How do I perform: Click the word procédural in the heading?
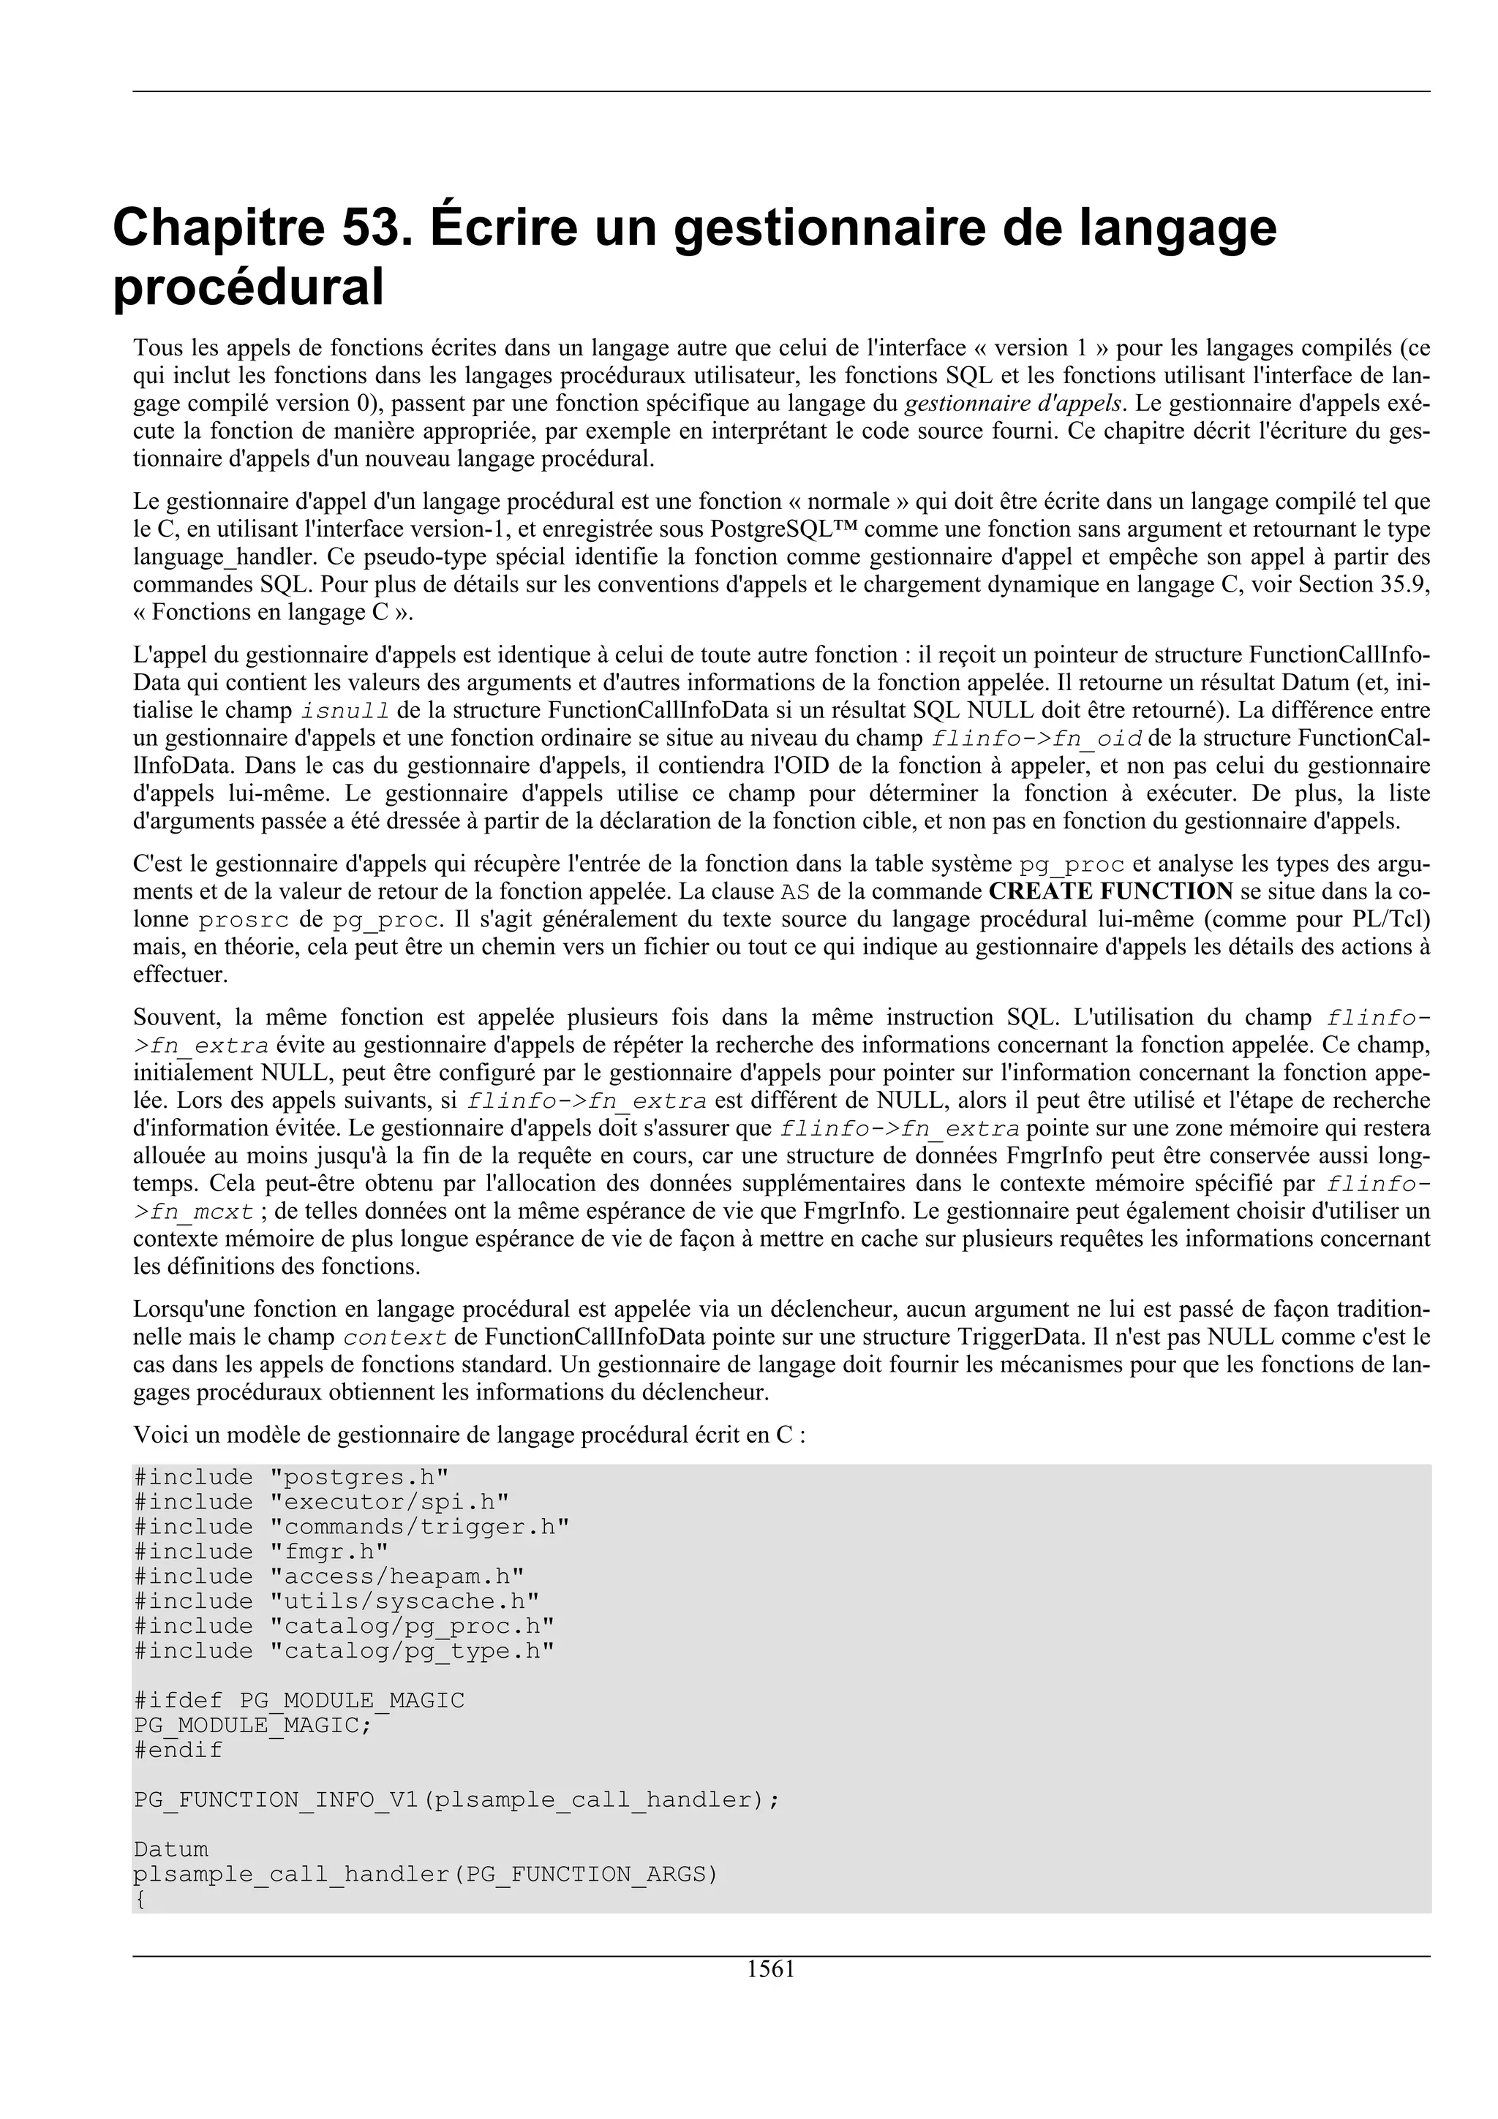247,288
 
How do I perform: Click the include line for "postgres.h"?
292,1478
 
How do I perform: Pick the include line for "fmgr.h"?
261,1552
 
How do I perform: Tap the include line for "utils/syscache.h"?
337,1601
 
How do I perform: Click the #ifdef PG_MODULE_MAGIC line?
299,1701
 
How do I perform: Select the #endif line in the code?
178,1750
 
